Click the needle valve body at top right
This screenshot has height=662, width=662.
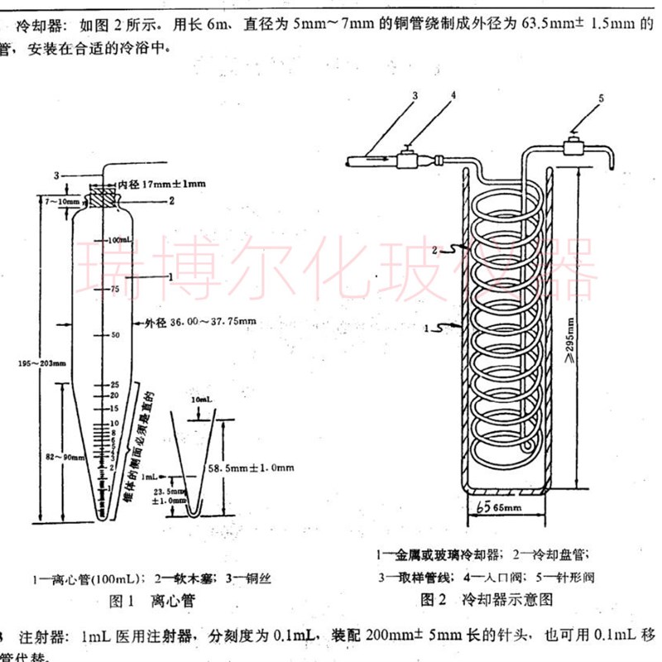(573, 148)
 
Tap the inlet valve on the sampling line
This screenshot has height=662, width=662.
(409, 158)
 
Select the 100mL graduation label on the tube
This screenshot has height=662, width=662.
(122, 238)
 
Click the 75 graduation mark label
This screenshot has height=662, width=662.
(116, 289)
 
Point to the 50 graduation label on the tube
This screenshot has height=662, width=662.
(117, 334)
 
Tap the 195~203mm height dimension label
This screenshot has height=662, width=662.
(36, 362)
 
